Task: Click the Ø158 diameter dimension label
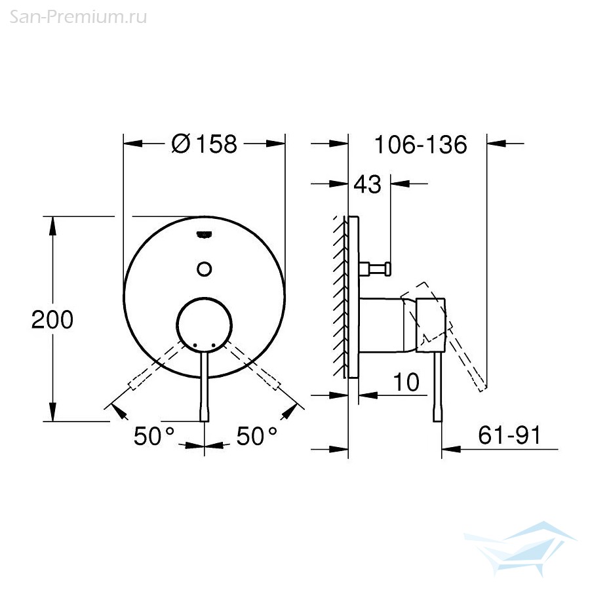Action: coord(205,144)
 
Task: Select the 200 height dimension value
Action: coord(52,320)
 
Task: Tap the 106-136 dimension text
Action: coord(421,144)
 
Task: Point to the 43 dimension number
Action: coord(368,184)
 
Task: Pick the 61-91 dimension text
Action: coord(509,435)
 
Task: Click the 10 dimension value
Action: coord(406,382)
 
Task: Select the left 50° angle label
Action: coord(154,436)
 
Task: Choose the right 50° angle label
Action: coord(256,436)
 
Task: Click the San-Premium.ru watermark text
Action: coord(78,17)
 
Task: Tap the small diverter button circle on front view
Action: coord(205,269)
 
